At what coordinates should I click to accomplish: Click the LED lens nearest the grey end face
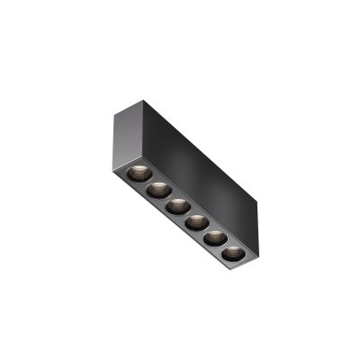[136, 172]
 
